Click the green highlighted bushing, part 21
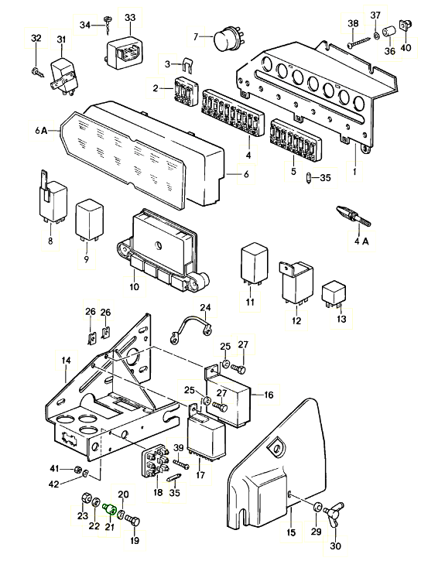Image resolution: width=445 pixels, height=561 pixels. (109, 508)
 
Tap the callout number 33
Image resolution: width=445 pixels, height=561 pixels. (130, 18)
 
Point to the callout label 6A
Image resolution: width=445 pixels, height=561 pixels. (41, 131)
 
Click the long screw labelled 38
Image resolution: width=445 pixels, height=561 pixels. (359, 42)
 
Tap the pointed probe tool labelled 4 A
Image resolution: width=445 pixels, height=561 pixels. (354, 217)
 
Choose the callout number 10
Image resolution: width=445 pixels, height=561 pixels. (134, 286)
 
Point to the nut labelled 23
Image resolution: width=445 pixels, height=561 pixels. (86, 498)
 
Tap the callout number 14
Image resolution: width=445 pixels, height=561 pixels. (67, 361)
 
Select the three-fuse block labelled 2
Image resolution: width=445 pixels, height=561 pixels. (187, 91)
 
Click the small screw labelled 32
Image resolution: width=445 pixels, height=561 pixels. (38, 72)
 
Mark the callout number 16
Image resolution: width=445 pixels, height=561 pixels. (269, 395)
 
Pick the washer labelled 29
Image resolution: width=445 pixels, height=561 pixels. (317, 508)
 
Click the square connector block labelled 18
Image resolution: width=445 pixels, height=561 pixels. (156, 461)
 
